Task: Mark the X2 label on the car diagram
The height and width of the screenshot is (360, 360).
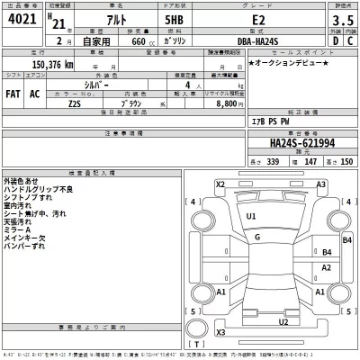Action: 220,184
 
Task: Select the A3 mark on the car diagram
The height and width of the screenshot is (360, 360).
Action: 319,184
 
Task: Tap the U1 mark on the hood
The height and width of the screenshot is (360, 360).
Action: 251,217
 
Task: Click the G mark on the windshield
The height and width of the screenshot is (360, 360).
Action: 257,236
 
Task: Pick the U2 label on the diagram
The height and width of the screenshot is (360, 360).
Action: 283,319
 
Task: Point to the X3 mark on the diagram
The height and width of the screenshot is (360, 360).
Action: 220,332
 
